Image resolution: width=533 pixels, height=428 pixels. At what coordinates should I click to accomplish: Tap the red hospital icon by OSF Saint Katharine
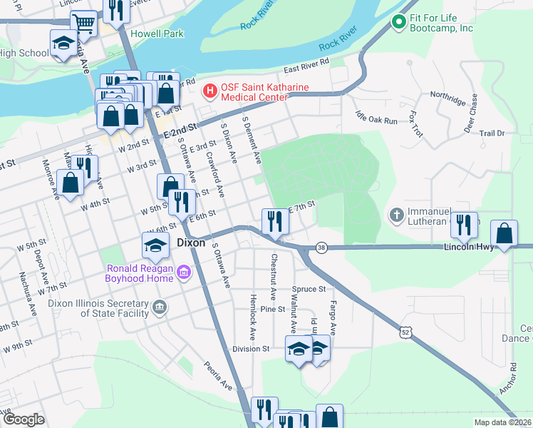tap(210, 91)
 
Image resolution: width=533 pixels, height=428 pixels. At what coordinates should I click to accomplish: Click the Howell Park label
tap(157, 34)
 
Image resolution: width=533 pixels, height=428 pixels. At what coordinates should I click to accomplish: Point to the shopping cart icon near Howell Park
tap(84, 23)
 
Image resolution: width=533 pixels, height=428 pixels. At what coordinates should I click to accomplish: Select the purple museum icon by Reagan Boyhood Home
tap(184, 272)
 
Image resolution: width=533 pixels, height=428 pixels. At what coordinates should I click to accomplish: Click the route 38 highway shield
tap(322, 247)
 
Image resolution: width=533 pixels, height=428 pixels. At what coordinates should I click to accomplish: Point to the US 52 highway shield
tap(405, 332)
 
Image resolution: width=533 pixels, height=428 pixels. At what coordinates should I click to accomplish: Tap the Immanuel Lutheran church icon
tap(397, 214)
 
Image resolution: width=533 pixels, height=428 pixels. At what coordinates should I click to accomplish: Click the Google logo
tap(24, 419)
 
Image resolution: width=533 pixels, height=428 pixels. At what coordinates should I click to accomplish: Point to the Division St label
tap(251, 350)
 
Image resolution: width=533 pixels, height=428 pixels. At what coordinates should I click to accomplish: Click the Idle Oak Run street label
tap(380, 121)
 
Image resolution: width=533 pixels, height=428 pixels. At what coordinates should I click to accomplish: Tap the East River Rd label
tap(306, 66)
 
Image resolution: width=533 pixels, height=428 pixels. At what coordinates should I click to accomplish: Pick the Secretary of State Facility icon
tap(159, 308)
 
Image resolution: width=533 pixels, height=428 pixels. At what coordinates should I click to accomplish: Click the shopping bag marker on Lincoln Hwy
tap(504, 234)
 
